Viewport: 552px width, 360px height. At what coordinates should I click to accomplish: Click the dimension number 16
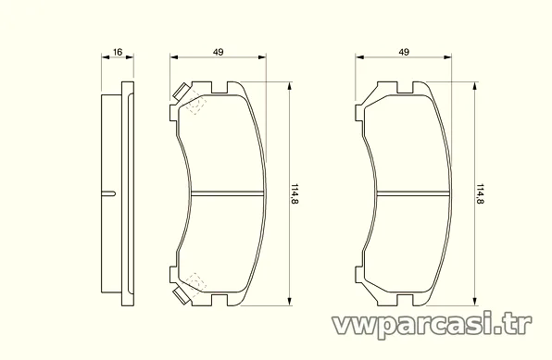[118, 52]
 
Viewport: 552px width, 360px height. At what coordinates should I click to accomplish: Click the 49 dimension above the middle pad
[219, 52]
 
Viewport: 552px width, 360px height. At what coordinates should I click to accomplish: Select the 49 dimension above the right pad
[404, 52]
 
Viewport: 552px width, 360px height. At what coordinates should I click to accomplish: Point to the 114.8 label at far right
[480, 194]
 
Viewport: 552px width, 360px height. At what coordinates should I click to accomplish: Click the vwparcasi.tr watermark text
[433, 325]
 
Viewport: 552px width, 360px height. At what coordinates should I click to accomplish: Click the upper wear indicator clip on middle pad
[181, 92]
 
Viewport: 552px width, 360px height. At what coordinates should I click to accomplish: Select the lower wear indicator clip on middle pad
[182, 295]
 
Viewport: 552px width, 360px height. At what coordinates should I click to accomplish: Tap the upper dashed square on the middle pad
[196, 105]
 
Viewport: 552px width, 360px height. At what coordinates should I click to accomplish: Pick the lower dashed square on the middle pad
[196, 282]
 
